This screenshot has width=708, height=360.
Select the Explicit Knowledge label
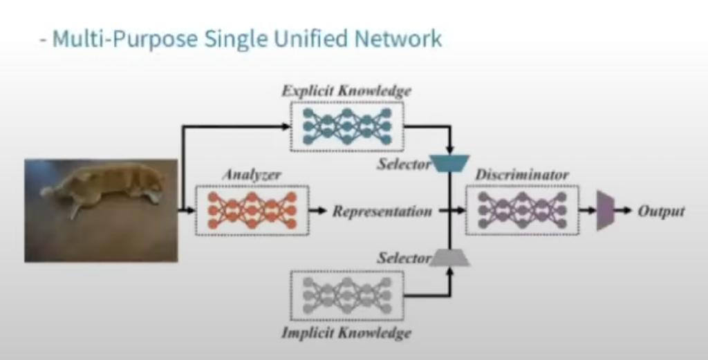[346, 91]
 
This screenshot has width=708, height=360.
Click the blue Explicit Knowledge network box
[346, 125]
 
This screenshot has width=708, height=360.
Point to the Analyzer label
[251, 175]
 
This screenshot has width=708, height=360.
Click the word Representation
[382, 211]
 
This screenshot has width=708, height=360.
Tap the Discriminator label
[522, 175]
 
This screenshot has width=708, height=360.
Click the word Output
[661, 211]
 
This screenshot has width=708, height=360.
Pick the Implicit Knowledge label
[346, 332]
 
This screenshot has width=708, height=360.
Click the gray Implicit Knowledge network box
[346, 295]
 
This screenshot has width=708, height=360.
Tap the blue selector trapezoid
[450, 163]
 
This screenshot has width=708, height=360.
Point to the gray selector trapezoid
[450, 258]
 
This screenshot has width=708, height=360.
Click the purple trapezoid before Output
[605, 211]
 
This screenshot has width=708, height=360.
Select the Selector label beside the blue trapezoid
[404, 164]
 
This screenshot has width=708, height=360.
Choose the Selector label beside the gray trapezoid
[404, 258]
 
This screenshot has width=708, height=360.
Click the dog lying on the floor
[104, 187]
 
